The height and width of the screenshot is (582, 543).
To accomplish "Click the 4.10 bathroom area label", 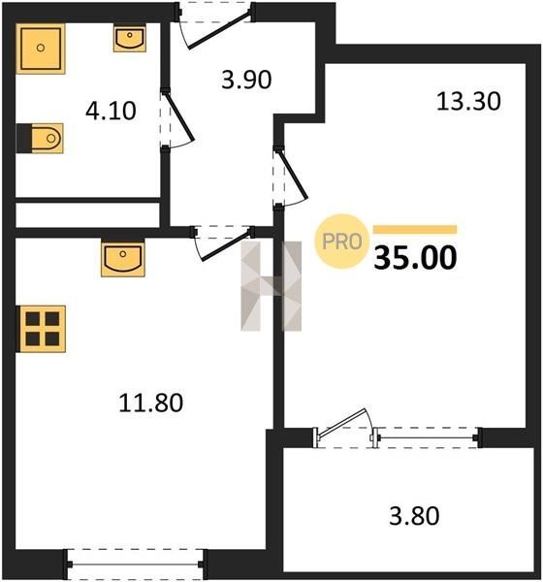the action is coord(111,111).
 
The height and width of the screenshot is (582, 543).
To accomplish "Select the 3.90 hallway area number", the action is coord(246,80).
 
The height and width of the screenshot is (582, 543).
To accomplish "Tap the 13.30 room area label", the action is coord(468,101).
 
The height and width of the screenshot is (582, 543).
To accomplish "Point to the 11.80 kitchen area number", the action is coord(150,403).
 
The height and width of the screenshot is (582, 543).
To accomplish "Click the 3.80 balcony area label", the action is coord(414,516).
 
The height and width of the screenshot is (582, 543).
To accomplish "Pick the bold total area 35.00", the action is coord(415,258).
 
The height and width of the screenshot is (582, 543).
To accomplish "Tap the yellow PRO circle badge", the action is coord(342,242).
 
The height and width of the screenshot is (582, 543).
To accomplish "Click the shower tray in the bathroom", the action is coord(41,48).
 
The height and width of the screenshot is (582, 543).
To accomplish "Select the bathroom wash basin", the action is coord(130,38).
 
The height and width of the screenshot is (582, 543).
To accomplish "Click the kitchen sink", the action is coord(123,259).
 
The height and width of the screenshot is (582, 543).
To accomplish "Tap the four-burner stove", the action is coord(41,329).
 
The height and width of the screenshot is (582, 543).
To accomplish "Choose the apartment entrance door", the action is coord(220,31).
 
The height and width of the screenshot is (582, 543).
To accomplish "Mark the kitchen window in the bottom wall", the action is coord(135,565).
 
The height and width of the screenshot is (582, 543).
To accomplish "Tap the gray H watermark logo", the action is coord(271,286).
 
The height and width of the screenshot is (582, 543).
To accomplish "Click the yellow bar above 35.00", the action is coord(415,229).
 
